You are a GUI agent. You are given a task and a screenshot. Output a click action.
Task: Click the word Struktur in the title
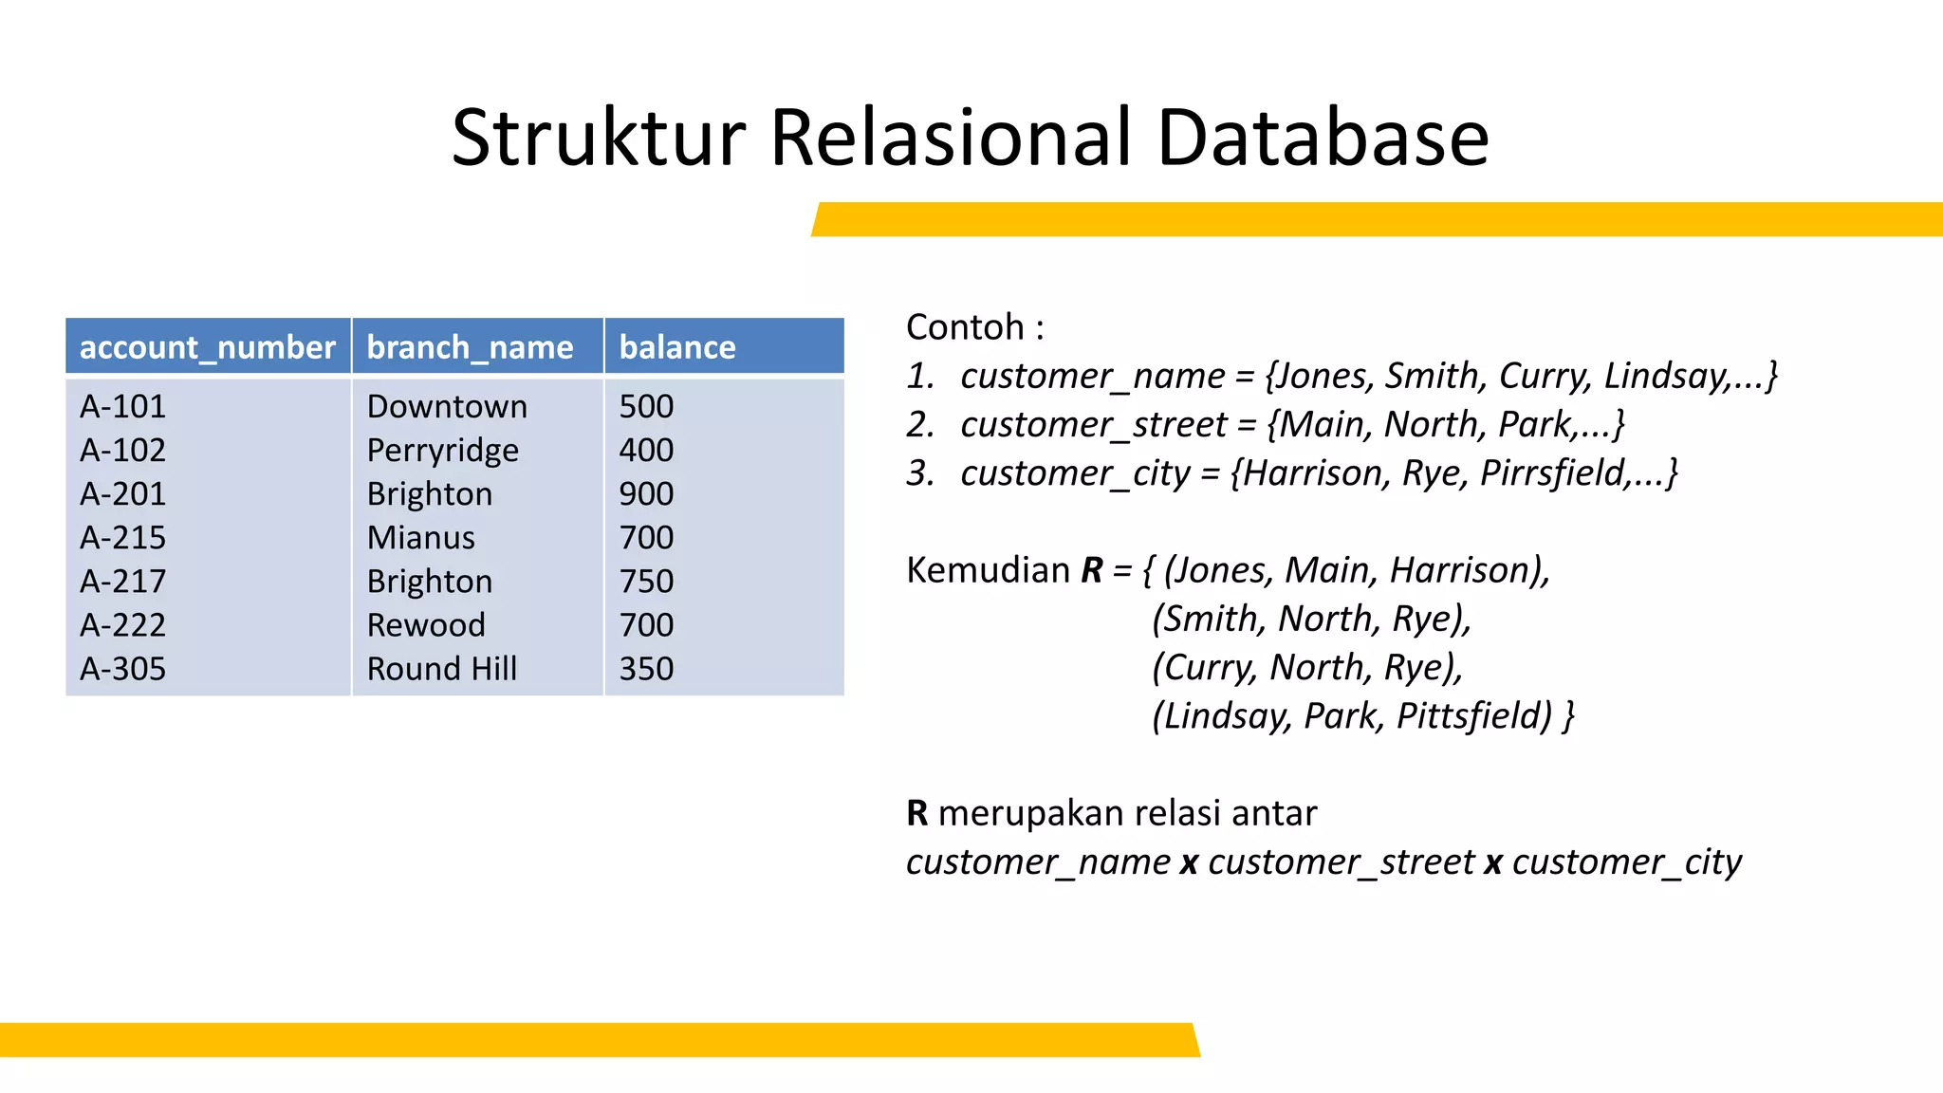pyautogui.click(x=599, y=139)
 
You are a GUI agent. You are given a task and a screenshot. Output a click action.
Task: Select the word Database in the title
pyautogui.click(x=1323, y=139)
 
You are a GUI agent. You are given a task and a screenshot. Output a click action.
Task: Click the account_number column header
pyautogui.click(x=207, y=347)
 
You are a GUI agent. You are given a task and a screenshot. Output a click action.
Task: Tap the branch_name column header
pyautogui.click(x=470, y=347)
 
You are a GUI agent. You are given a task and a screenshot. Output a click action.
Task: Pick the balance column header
pyautogui.click(x=677, y=347)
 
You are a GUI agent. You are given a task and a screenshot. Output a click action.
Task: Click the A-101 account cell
pyautogui.click(x=123, y=407)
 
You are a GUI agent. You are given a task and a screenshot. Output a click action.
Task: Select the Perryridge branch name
pyautogui.click(x=442, y=451)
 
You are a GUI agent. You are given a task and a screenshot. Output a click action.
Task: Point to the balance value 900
pyautogui.click(x=646, y=494)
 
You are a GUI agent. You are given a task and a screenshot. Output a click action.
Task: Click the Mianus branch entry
pyautogui.click(x=420, y=538)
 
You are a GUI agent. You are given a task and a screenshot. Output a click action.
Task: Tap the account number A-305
pyautogui.click(x=123, y=669)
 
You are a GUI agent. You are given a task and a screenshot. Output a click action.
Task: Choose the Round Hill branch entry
pyautogui.click(x=442, y=669)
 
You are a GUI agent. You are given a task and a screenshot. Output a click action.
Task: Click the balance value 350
pyautogui.click(x=646, y=669)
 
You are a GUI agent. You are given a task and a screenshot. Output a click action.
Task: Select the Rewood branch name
pyautogui.click(x=426, y=625)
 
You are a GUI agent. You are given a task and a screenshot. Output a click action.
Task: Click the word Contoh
pyautogui.click(x=965, y=327)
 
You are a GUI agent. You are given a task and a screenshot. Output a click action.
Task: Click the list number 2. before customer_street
pyautogui.click(x=919, y=425)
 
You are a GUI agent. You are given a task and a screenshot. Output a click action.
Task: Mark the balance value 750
pyautogui.click(x=646, y=582)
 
